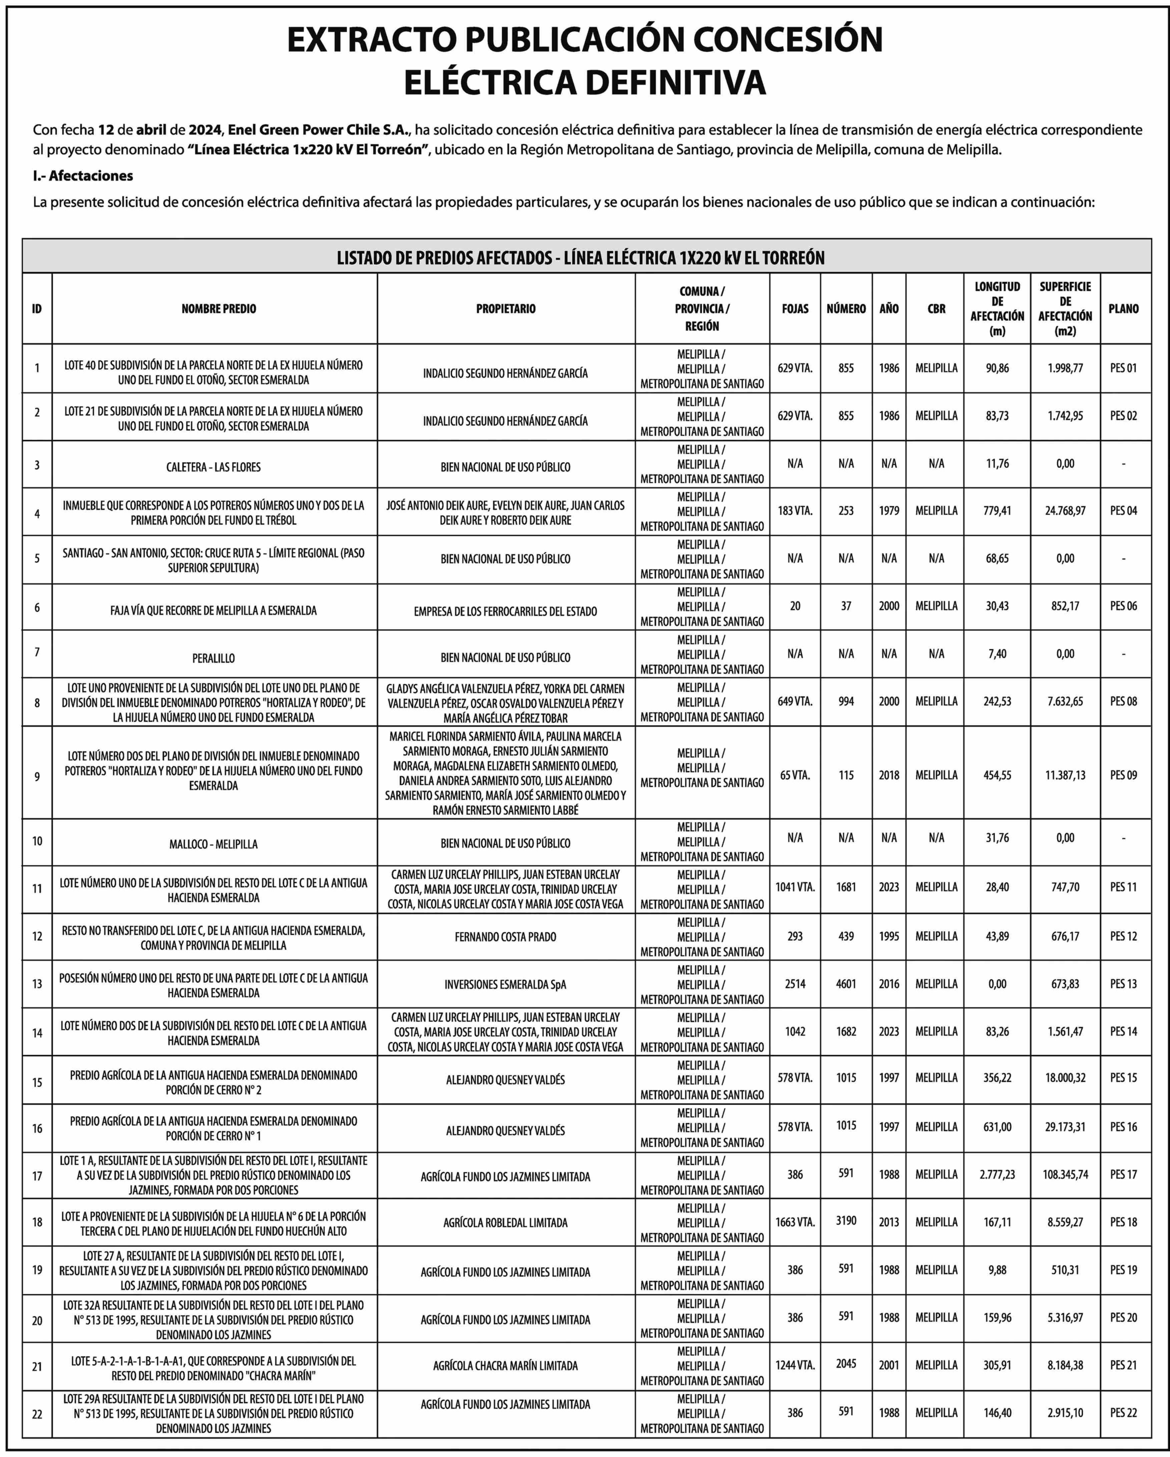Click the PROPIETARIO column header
pos(505,309)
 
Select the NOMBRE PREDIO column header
pos(219,309)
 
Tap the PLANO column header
pos(1123,309)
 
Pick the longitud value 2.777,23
pos(997,1174)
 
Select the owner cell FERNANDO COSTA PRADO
pos(505,937)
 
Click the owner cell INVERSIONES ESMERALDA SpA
pos(505,985)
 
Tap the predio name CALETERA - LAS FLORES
pos(213,467)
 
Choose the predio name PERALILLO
pos(213,657)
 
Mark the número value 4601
pos(846,984)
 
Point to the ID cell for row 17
pos(37,1176)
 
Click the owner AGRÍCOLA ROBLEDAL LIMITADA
pos(505,1223)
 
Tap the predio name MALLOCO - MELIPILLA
pos(213,844)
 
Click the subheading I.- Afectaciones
pos(83,176)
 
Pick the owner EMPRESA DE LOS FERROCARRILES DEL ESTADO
pos(505,611)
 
